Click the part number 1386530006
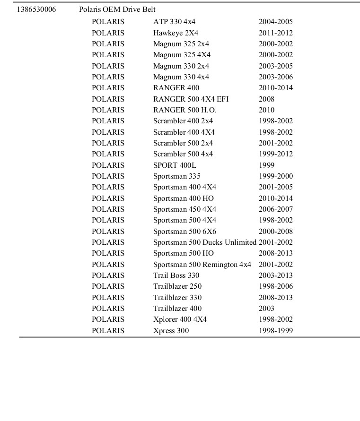click(x=36, y=9)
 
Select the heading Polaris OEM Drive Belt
click(x=117, y=9)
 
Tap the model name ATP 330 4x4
click(x=174, y=22)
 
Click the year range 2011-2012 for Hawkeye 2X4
click(x=275, y=33)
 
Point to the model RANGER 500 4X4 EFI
click(x=191, y=99)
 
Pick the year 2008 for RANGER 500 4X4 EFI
click(x=266, y=99)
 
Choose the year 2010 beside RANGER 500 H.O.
click(x=266, y=110)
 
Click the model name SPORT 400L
click(x=175, y=165)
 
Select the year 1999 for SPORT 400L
click(x=266, y=165)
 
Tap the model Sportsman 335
click(x=176, y=176)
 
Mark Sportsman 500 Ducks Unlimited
click(x=204, y=242)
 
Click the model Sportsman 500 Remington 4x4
click(x=202, y=265)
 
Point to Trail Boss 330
click(x=176, y=275)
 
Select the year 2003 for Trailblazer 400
click(x=266, y=309)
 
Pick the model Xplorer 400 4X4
click(x=180, y=319)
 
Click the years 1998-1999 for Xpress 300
click(x=275, y=331)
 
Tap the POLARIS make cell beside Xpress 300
click(x=108, y=331)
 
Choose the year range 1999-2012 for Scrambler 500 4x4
click(x=275, y=154)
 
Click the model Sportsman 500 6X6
click(x=184, y=232)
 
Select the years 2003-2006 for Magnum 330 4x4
click(x=275, y=77)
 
